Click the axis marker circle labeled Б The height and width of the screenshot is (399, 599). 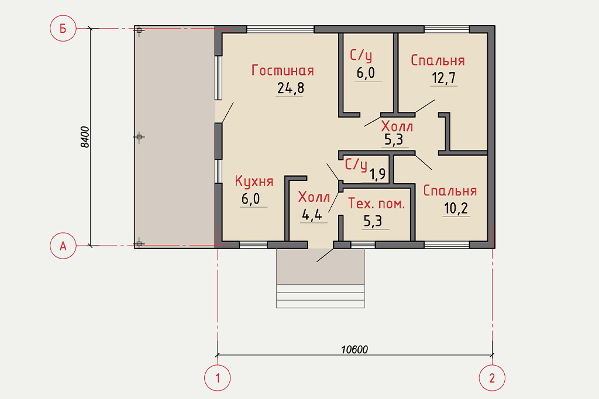point(63,28)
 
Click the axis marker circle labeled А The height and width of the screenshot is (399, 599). point(63,246)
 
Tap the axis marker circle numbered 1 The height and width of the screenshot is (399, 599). point(218,378)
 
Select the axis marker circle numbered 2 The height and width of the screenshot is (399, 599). point(492,378)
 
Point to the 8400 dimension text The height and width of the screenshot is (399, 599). point(85,137)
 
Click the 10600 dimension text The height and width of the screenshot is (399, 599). point(354,349)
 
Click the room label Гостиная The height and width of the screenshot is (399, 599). point(283,70)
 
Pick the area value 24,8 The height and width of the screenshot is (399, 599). point(291,88)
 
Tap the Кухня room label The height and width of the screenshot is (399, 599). point(254,181)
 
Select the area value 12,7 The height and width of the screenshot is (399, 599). point(444,78)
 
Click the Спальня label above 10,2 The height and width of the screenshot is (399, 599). point(450,191)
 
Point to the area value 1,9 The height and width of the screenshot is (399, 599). point(377,174)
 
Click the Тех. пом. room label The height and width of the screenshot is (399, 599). point(376,204)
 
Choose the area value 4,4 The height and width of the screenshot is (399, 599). point(312,215)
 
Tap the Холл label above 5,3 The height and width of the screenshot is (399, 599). point(397,126)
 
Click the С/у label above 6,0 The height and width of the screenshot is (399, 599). point(360,56)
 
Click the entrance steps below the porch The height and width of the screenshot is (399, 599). point(321,296)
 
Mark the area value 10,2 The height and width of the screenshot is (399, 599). point(456,209)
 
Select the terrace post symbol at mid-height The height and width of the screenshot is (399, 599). point(139,137)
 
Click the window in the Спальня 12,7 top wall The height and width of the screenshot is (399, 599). point(446,29)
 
